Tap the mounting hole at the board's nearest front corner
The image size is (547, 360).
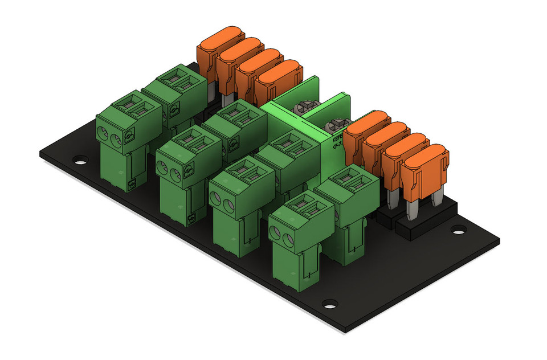[329, 304]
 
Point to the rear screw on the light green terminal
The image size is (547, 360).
[305, 107]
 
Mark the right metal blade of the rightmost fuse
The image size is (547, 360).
[437, 197]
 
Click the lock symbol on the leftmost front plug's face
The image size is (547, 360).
[129, 135]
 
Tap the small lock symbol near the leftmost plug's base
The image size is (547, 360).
[132, 183]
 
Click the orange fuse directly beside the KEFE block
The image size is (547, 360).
[363, 134]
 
